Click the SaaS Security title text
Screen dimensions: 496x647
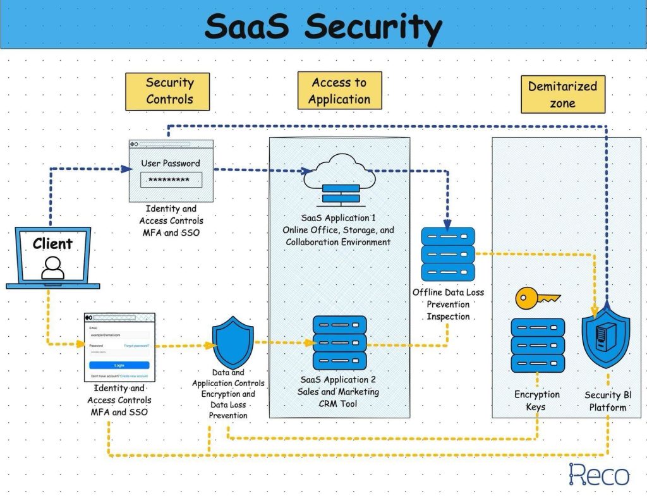323,27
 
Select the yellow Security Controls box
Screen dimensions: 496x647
167,91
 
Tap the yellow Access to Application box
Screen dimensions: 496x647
339,90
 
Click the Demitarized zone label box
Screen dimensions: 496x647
562,94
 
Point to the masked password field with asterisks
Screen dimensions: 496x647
171,180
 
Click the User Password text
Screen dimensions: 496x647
171,163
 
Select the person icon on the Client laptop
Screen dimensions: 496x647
52,268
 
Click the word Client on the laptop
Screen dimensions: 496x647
52,244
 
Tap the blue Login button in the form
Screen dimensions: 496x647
119,365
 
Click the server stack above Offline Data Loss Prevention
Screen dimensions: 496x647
447,254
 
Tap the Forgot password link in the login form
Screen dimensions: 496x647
136,346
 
